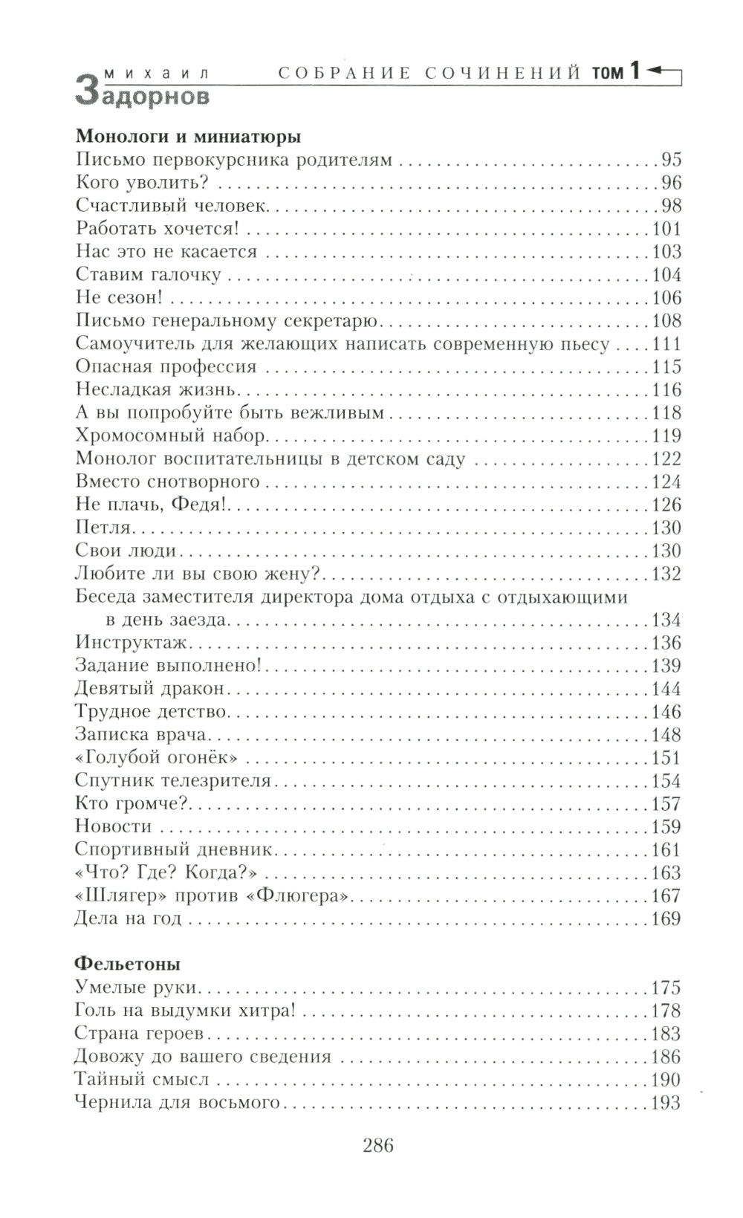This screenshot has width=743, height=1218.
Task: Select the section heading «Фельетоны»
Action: point(128,964)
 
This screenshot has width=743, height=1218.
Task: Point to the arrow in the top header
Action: point(663,71)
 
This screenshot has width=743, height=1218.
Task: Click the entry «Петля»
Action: point(103,528)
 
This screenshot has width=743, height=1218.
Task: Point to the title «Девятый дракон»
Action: point(149,689)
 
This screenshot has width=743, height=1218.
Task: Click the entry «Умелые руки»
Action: point(139,988)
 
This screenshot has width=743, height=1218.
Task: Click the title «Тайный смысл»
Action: point(142,1080)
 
